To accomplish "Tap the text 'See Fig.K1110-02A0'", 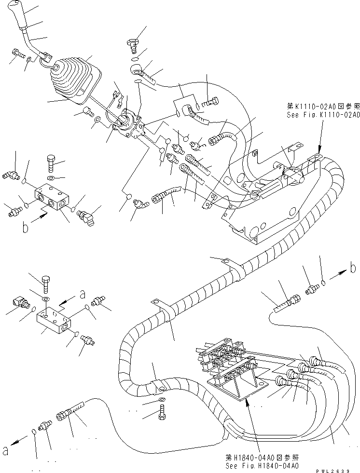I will [320, 115].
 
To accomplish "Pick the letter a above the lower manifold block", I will [83, 292].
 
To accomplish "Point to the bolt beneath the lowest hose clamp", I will [161, 413].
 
